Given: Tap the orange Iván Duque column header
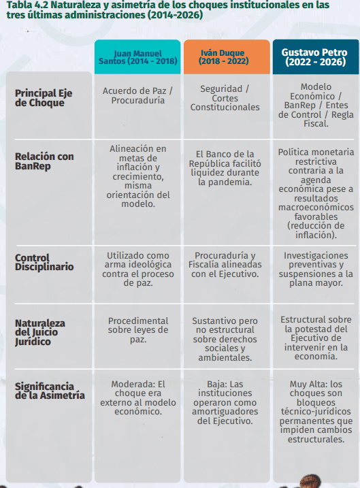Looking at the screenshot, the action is click(x=227, y=56).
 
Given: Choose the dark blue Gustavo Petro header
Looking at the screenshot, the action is click(x=316, y=56).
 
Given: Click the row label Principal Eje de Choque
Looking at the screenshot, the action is click(x=44, y=97).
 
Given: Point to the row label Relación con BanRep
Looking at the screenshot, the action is click(x=44, y=161).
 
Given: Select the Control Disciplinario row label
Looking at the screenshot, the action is click(x=44, y=262).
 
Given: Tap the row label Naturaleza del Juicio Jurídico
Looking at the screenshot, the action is click(x=41, y=331).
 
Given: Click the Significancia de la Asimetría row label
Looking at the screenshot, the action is click(x=50, y=391).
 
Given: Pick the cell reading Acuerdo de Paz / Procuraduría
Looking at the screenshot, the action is click(x=137, y=95).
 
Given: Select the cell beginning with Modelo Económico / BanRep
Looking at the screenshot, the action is click(x=316, y=105).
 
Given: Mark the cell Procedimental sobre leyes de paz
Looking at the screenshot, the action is click(x=137, y=330).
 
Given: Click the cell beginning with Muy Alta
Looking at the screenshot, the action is click(x=316, y=411).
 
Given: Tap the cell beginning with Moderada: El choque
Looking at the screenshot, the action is click(x=137, y=397).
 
